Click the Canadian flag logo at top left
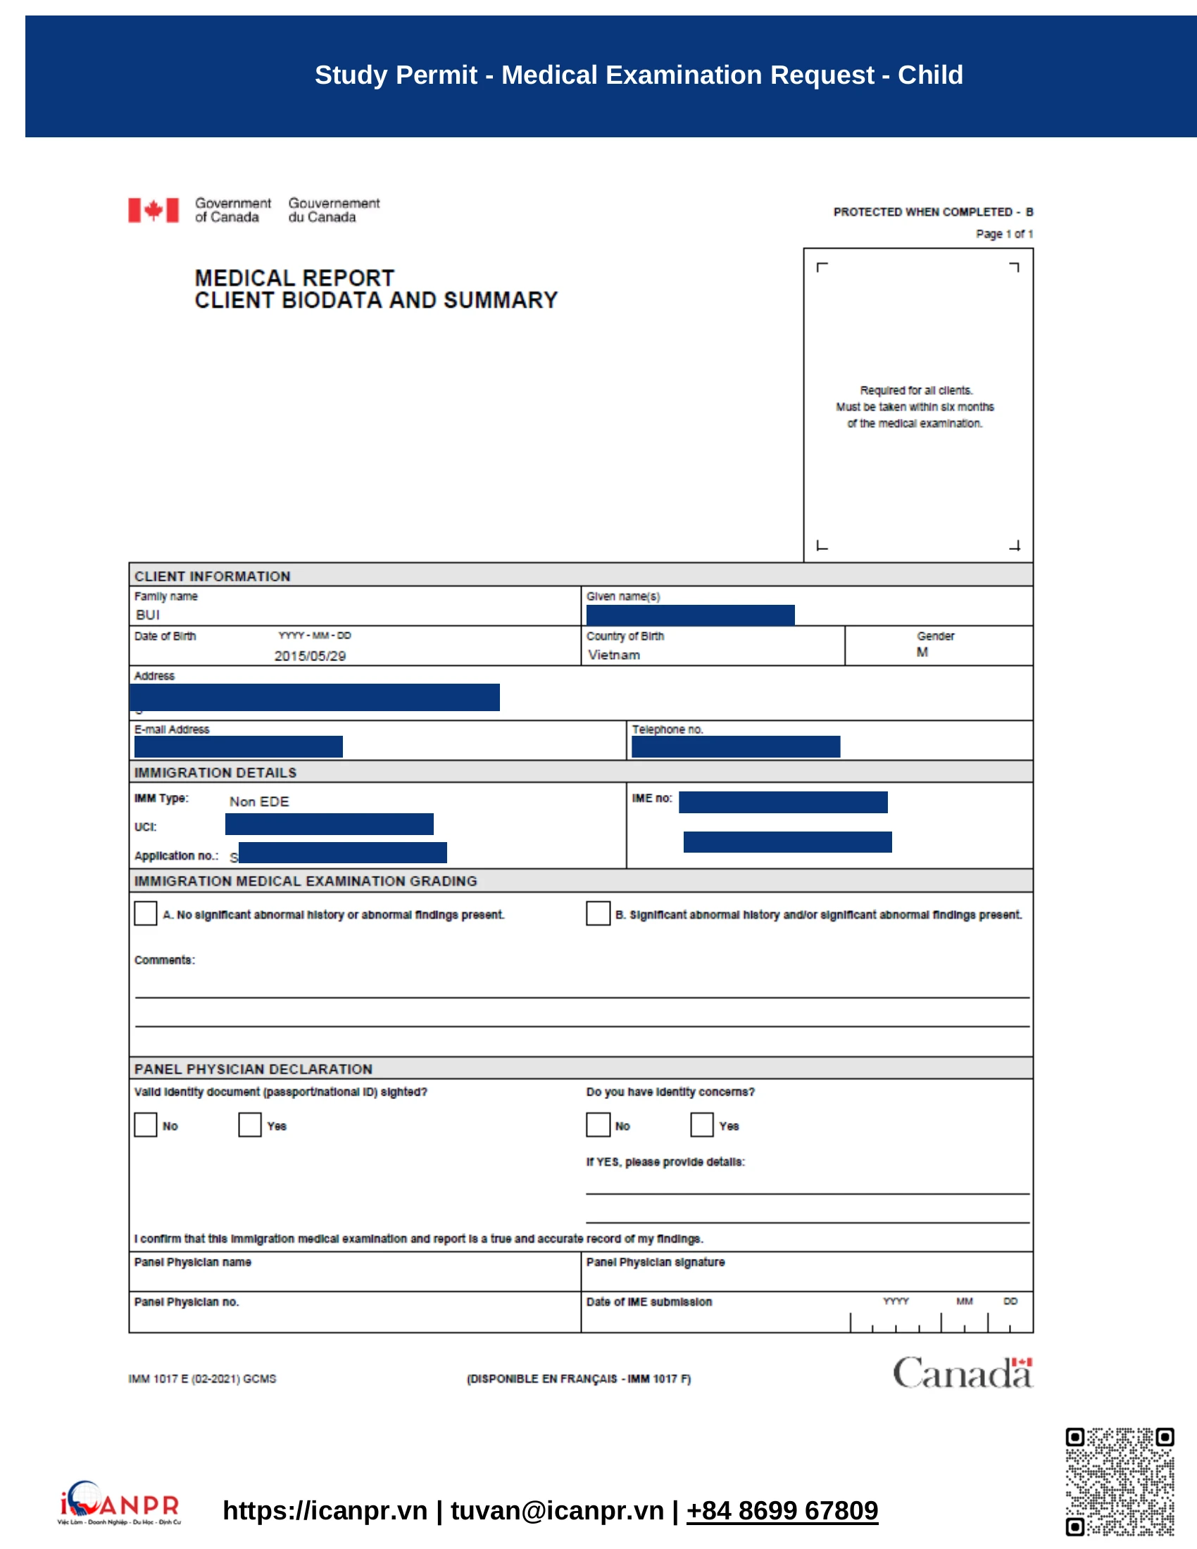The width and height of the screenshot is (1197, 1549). [153, 210]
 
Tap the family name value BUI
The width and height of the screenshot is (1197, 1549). [147, 614]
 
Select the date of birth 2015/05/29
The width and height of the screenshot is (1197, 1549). [310, 656]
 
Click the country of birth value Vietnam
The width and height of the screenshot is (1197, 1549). [613, 655]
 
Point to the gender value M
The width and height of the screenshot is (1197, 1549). [921, 652]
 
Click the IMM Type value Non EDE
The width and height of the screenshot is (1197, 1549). [259, 801]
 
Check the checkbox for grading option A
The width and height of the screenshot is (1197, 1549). [145, 913]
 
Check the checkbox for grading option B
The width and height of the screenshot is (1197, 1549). [598, 913]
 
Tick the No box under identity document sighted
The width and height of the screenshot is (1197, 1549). [145, 1124]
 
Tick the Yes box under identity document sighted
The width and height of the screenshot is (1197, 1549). [250, 1124]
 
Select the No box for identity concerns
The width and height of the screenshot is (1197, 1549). [598, 1124]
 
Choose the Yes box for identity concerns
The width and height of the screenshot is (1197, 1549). [701, 1124]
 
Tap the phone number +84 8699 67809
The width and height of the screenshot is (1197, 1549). [782, 1510]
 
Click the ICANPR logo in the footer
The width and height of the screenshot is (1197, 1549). [119, 1503]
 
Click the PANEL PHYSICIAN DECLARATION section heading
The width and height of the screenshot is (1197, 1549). [253, 1069]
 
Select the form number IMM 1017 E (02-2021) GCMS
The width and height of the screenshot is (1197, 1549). [202, 1379]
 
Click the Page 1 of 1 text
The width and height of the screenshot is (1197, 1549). [1003, 234]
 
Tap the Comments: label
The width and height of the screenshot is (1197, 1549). [165, 960]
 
